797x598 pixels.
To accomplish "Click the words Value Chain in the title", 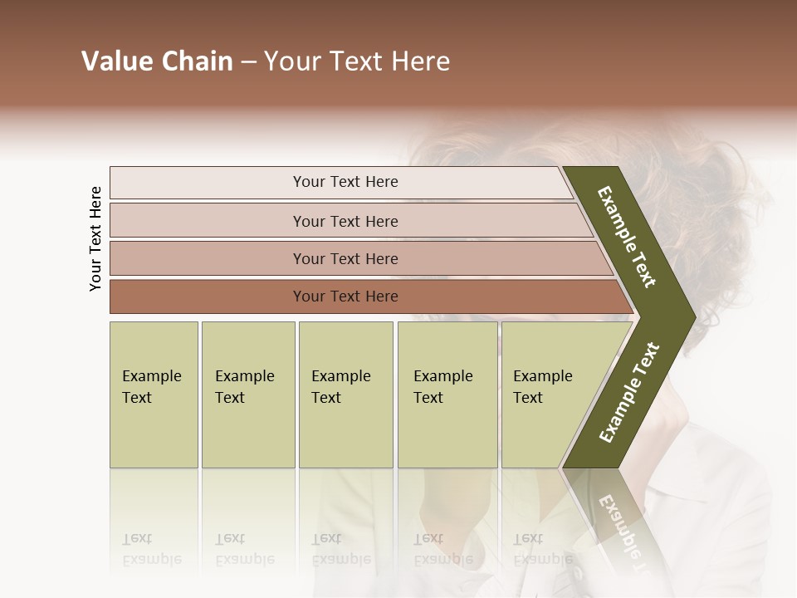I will pyautogui.click(x=157, y=61).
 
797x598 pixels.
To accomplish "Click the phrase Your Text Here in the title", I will pyautogui.click(x=357, y=61).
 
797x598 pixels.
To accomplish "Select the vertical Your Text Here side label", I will pyautogui.click(x=96, y=238).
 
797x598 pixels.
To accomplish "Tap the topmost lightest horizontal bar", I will pyautogui.click(x=340, y=182).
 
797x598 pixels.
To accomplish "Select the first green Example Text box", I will pyautogui.click(x=154, y=395).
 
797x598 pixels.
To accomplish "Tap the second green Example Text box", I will pyautogui.click(x=247, y=395).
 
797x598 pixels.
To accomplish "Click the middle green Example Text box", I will pyautogui.click(x=345, y=395).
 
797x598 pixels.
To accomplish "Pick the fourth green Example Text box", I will pyautogui.click(x=447, y=395).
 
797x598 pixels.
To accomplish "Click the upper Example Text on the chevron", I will pyautogui.click(x=627, y=237).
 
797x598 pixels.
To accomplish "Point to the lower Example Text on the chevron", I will pyautogui.click(x=629, y=392).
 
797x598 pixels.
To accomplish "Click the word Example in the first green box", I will pyautogui.click(x=151, y=376).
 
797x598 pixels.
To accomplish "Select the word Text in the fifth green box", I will pyautogui.click(x=528, y=398).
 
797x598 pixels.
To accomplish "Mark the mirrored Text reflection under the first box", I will pyautogui.click(x=137, y=538).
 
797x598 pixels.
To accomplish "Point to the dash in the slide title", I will pyautogui.click(x=248, y=62).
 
